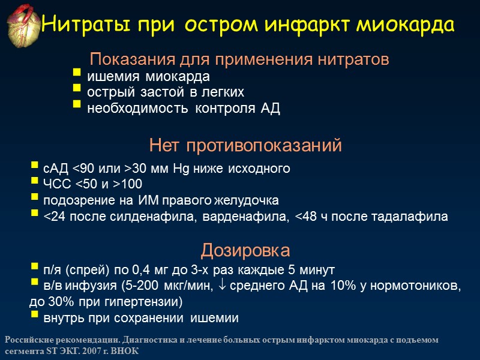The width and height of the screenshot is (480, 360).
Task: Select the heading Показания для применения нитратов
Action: point(239,60)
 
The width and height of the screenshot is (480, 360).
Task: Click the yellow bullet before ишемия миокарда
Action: point(76,77)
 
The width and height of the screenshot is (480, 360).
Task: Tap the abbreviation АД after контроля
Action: point(271,109)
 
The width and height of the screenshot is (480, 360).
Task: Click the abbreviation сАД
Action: point(56,169)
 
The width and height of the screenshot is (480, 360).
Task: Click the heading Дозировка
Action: point(245,250)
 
